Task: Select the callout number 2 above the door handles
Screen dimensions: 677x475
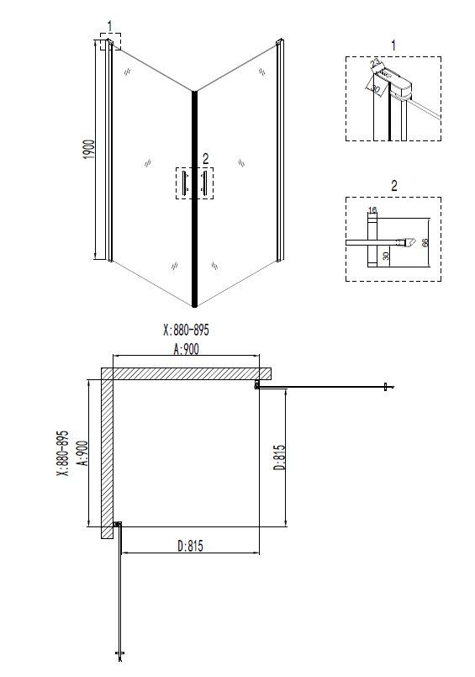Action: tap(204, 157)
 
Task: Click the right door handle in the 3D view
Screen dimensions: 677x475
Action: tap(204, 183)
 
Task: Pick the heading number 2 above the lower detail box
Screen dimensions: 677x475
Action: tap(393, 185)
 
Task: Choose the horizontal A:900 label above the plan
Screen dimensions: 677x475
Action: tap(187, 351)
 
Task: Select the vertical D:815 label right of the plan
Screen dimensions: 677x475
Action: tap(279, 458)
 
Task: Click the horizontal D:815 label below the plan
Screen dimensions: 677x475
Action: tap(190, 546)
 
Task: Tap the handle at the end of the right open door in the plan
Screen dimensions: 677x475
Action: tap(386, 387)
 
